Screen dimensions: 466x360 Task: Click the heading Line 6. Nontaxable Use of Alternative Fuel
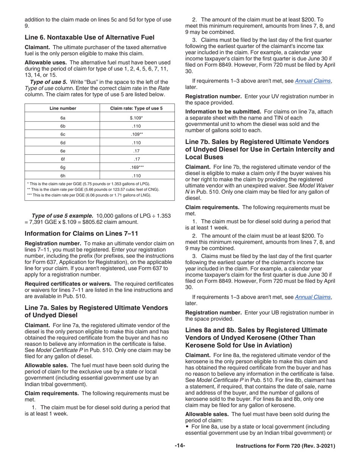pyautogui.click(x=89, y=37)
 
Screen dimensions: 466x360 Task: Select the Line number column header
pyautogui.click(x=63, y=108)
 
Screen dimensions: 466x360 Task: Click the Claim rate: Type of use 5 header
pyautogui.click(x=136, y=108)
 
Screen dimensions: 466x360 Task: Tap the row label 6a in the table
pyautogui.click(x=63, y=118)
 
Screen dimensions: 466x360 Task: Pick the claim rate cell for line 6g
pyautogui.click(x=136, y=167)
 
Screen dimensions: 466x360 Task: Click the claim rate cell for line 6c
pyautogui.click(x=136, y=134)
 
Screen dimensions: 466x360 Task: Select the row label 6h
pyautogui.click(x=63, y=175)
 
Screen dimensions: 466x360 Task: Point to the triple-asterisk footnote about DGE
pyautogui.click(x=89, y=195)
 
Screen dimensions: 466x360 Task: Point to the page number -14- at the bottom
pyautogui.click(x=180, y=446)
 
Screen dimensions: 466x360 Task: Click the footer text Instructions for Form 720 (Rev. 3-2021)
pyautogui.click(x=285, y=446)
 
